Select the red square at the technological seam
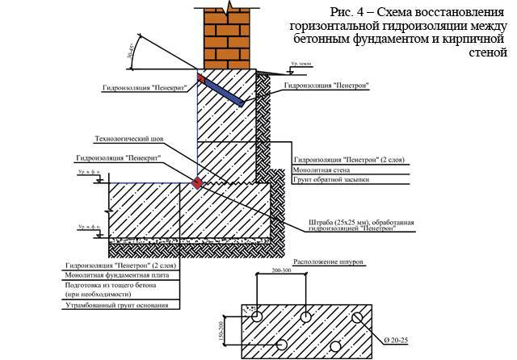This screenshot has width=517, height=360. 195,182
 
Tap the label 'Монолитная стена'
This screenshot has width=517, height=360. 318,170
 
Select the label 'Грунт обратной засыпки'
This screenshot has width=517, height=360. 330,180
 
